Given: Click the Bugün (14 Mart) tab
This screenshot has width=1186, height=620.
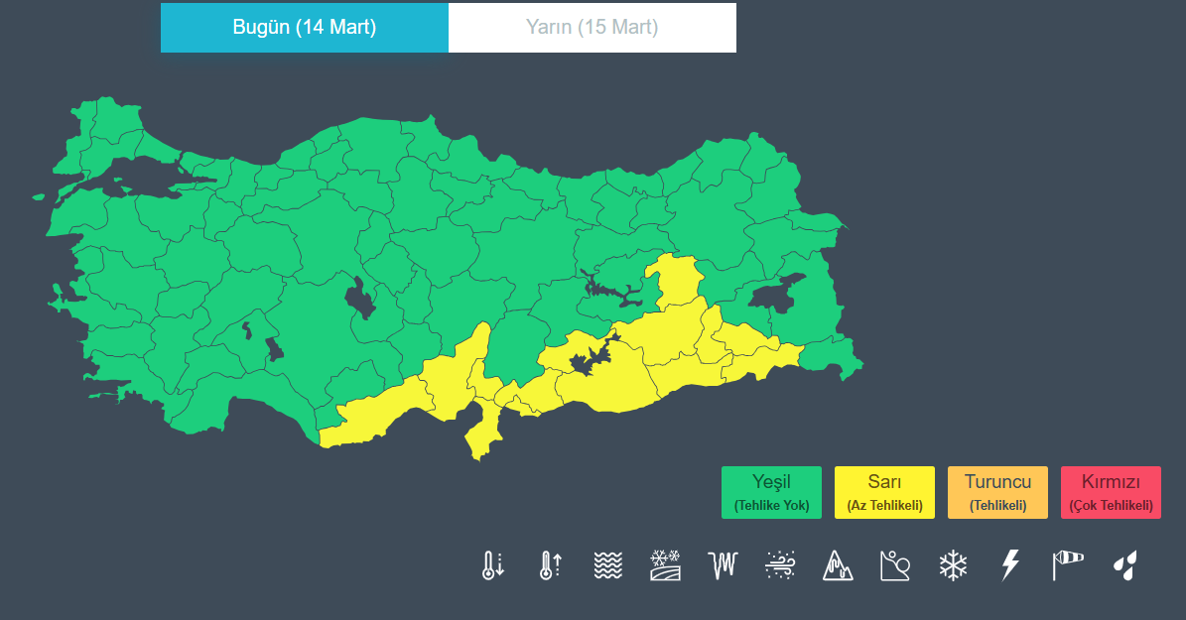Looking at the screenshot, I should click(305, 28).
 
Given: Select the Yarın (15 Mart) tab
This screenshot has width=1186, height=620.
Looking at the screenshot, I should click(593, 28).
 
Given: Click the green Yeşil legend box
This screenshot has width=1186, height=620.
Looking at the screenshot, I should click(771, 492).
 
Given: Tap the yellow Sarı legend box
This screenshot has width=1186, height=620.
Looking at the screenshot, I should click(884, 492).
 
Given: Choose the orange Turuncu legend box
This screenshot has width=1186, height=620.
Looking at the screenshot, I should click(997, 492).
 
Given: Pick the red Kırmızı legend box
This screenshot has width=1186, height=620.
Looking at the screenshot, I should click(1111, 492).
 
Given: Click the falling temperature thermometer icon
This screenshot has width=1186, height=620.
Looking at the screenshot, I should click(492, 565).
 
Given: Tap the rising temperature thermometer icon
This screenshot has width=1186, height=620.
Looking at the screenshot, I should click(550, 565).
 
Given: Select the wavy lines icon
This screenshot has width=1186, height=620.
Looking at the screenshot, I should click(607, 565).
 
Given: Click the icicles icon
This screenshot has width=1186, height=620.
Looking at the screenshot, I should click(724, 565).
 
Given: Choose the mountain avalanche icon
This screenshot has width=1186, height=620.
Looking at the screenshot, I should click(838, 565).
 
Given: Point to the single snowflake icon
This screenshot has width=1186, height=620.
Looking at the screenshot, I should click(953, 565).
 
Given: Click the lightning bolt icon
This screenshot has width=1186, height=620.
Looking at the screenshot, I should click(1010, 565).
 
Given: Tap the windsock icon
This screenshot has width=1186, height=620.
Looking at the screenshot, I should click(1068, 565).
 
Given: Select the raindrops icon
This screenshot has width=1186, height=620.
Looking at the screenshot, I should click(1124, 565).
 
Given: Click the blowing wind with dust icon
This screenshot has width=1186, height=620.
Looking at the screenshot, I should click(781, 565).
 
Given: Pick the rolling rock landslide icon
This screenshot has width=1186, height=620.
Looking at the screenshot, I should click(895, 565).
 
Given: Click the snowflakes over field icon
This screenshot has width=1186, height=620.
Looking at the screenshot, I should click(665, 565).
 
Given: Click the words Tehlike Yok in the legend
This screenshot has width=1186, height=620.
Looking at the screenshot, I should click(771, 506).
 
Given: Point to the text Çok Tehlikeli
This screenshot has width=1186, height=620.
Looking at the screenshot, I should click(1111, 506).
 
